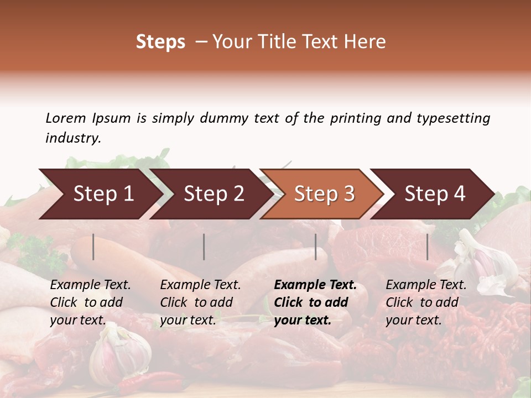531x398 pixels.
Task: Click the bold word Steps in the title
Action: [x=160, y=42]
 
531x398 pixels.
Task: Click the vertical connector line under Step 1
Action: [x=93, y=247]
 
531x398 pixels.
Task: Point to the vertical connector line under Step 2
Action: [x=204, y=247]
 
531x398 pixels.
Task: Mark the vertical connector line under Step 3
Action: [x=316, y=247]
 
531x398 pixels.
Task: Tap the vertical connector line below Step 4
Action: [x=428, y=247]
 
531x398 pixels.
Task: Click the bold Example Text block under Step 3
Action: [x=315, y=302]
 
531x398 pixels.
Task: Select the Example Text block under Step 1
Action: [x=90, y=302]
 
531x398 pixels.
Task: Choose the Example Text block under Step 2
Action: [x=200, y=302]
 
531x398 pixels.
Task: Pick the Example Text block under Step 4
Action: [x=426, y=302]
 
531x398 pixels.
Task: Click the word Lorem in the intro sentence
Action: [x=66, y=118]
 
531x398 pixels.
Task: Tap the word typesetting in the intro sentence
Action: [x=453, y=118]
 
